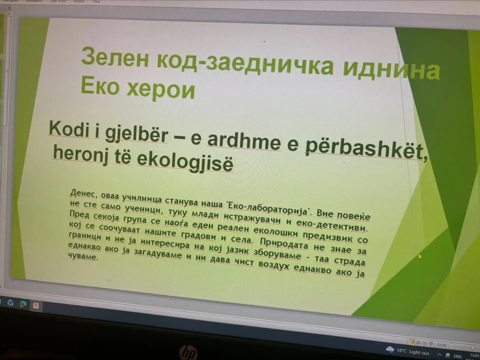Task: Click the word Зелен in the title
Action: (115, 57)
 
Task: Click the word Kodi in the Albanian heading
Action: (69, 129)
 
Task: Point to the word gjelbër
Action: (137, 134)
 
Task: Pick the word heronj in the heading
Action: (80, 153)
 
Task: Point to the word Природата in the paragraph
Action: (284, 244)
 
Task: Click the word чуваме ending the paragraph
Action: (82, 256)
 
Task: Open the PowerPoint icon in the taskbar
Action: (36, 305)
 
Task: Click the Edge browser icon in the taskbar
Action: (23, 304)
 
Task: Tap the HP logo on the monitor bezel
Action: (188, 352)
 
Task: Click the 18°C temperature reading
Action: (402, 350)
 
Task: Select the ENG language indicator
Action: (458, 356)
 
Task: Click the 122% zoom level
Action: (442, 345)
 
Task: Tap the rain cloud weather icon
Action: (390, 349)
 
